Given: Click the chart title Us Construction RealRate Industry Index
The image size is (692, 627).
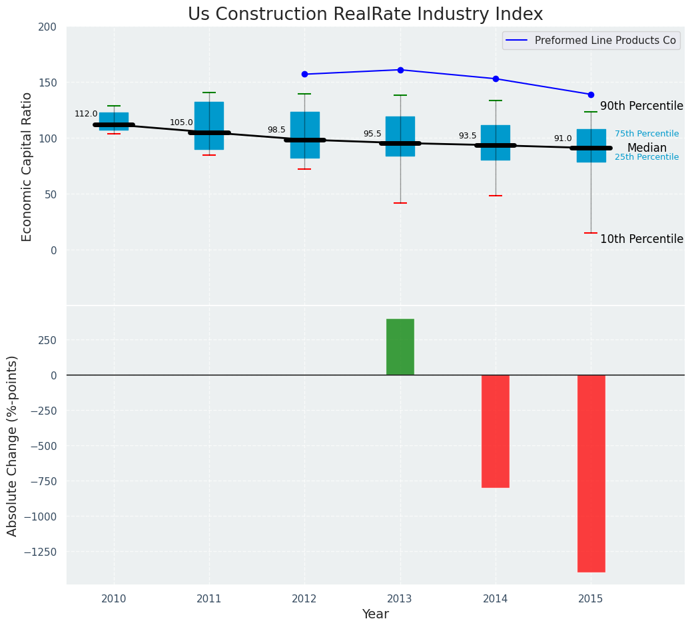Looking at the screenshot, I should (365, 15).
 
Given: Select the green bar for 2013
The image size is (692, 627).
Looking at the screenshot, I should (400, 347).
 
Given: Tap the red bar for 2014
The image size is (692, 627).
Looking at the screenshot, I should (496, 431).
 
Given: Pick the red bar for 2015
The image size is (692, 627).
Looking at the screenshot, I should (591, 473).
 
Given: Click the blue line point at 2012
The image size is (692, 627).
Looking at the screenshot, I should (305, 74).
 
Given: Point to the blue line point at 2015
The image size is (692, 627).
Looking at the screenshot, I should (591, 95).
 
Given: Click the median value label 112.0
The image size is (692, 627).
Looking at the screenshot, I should (86, 114).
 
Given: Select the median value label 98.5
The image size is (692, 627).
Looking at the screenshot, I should (276, 130).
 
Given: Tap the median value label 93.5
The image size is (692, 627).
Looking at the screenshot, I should (468, 136).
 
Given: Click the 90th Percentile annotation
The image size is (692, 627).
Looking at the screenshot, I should (641, 106).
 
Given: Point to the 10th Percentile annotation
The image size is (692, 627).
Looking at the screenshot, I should (641, 239).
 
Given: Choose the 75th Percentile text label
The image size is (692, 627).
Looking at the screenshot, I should (647, 134).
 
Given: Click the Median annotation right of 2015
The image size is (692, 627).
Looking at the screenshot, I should (647, 148).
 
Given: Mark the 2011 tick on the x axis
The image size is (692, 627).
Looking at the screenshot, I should (209, 599).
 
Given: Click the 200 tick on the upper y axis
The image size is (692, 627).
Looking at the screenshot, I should (53, 27).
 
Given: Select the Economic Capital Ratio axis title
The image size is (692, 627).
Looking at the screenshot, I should (27, 166).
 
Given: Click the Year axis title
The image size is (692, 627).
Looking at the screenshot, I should (376, 614).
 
